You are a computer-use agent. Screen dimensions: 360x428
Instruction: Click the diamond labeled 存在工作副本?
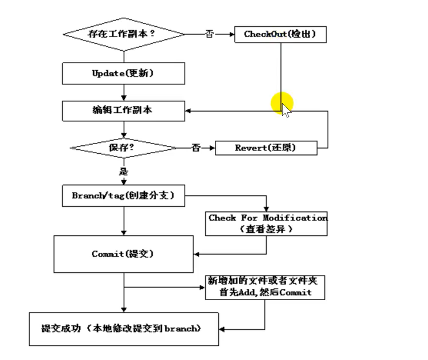tap(123, 34)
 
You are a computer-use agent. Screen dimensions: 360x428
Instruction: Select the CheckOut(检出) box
tap(280, 34)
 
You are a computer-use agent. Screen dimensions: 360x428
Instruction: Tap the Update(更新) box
tap(123, 73)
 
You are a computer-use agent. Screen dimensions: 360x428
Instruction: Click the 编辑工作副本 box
tap(123, 111)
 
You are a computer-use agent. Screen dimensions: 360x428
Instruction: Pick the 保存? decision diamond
tap(123, 148)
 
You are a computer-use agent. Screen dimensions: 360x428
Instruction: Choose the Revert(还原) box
tap(266, 148)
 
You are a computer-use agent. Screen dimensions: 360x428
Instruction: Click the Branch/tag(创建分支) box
tap(123, 196)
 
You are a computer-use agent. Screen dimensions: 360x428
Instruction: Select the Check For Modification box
tap(266, 223)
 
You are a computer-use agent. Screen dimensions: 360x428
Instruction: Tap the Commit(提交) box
tap(123, 254)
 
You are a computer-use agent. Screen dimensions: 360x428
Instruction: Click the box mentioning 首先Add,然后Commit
tap(266, 287)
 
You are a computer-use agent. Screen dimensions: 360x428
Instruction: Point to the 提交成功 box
tap(123, 329)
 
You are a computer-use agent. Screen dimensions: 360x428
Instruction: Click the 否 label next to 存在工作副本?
tap(210, 34)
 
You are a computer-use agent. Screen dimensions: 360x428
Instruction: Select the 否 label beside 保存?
tap(196, 148)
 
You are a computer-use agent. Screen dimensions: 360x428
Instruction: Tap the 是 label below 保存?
tap(124, 171)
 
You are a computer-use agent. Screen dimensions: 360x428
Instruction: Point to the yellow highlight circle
tap(282, 104)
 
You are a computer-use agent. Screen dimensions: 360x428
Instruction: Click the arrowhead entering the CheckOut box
tap(231, 34)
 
